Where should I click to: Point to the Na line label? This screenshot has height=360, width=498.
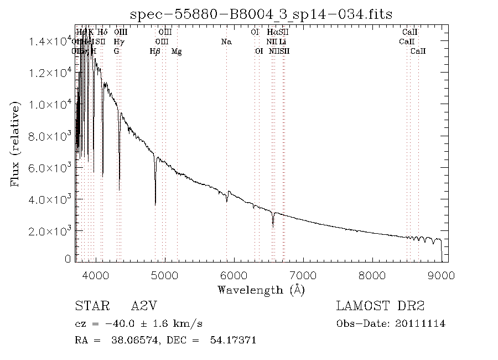tap(226, 42)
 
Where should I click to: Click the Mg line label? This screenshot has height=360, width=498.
tap(177, 51)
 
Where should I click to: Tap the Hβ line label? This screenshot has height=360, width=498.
tap(155, 51)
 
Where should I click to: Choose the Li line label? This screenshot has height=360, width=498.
tap(282, 42)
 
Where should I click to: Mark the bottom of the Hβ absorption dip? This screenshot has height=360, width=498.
tap(155, 205)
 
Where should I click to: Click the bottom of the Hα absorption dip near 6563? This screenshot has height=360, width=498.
tap(273, 225)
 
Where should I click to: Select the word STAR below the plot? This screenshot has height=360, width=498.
tap(89, 306)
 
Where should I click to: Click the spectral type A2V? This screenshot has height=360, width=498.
tap(142, 306)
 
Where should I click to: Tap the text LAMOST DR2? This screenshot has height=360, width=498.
tap(380, 306)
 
